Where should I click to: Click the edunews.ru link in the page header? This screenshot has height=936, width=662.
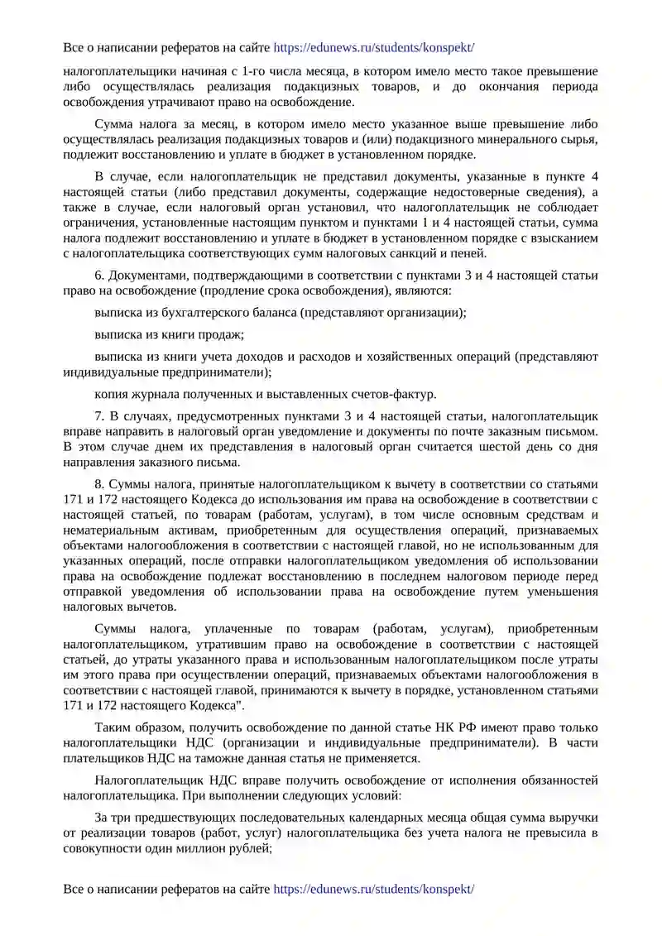point(373,48)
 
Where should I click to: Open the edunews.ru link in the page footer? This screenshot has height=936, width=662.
point(373,889)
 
